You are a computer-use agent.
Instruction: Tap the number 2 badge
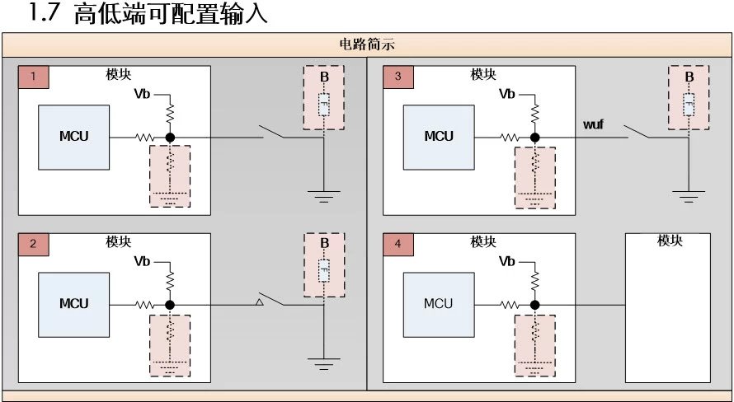click(34, 245)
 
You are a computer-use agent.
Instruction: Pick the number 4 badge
click(399, 245)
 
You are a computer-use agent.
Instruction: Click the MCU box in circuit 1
click(73, 136)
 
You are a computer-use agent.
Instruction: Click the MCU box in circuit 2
click(73, 303)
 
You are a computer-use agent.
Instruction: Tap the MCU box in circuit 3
click(439, 136)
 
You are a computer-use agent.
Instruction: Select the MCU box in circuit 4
click(439, 303)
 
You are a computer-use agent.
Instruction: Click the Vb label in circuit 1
click(144, 95)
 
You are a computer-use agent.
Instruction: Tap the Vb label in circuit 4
click(509, 262)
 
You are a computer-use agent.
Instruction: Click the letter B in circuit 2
click(324, 243)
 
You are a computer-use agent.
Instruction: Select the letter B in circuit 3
click(689, 77)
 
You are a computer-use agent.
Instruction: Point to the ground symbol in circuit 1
click(324, 195)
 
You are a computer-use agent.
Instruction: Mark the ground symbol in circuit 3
click(689, 195)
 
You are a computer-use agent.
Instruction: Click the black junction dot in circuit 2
click(170, 305)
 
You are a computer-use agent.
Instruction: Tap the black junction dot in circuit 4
click(535, 305)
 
